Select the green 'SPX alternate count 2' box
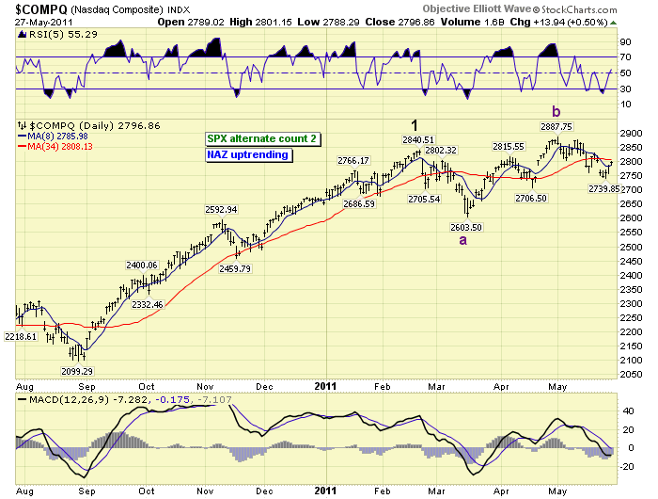[x=262, y=138]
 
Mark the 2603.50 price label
[x=465, y=227]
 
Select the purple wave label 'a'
[x=462, y=240]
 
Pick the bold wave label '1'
[x=413, y=124]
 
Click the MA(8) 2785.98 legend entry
[x=55, y=136]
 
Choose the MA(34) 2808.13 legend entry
[x=57, y=145]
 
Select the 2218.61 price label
[x=22, y=336]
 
